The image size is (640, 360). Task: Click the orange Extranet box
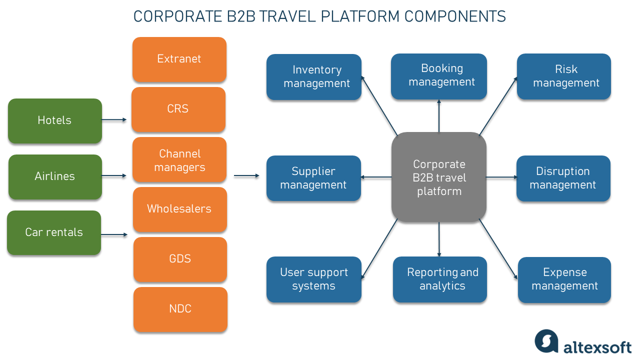tap(179, 59)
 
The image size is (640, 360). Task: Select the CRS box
tap(178, 109)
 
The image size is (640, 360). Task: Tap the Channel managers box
tap(179, 160)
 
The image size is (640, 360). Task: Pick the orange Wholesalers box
tap(179, 209)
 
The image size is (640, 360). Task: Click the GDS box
tap(180, 259)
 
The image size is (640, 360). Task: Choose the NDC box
tap(180, 308)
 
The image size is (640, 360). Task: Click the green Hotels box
tap(54, 120)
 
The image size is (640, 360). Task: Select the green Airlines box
tap(54, 176)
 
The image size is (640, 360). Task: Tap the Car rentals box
tap(54, 232)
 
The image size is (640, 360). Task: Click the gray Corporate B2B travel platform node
tap(438, 177)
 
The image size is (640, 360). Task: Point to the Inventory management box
tap(313, 77)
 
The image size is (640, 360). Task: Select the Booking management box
tap(438, 76)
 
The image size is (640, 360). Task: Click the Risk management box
tap(563, 76)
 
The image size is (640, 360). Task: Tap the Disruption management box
tap(563, 178)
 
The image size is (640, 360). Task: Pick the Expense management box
tap(564, 279)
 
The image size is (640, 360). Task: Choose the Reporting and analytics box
tap(439, 279)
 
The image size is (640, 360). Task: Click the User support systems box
tap(313, 279)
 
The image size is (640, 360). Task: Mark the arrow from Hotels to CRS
tap(114, 120)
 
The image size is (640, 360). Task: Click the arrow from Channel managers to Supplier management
tap(246, 175)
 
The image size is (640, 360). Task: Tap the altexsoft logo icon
tap(546, 341)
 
